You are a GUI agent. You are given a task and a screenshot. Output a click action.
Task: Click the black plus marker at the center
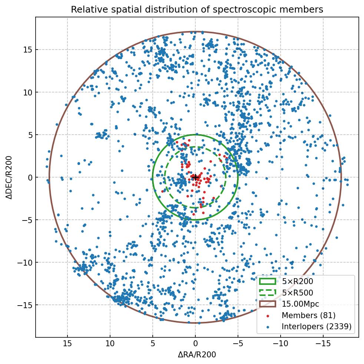[195, 177]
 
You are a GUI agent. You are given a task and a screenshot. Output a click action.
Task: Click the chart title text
[197, 10]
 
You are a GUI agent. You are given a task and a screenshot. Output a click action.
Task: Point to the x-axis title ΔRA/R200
[197, 355]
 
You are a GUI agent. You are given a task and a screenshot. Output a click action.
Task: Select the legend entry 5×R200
[297, 282]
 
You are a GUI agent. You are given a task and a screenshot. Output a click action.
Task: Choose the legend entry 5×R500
[297, 293]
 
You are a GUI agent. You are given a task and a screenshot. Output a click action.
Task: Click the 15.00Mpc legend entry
[300, 304]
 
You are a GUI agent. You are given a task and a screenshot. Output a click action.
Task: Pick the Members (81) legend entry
[308, 315]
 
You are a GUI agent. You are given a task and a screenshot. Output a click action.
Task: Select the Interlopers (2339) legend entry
[316, 326]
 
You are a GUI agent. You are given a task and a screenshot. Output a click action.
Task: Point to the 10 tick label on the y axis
[27, 92]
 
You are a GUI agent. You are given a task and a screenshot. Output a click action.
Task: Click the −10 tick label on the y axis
[25, 263]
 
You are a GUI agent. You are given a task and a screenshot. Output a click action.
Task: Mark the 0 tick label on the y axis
[29, 177]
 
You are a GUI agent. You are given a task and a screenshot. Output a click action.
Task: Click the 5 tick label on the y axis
[29, 135]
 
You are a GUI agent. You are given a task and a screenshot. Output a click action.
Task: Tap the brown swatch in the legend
[268, 304]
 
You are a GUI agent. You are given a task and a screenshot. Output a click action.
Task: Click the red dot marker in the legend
[268, 316]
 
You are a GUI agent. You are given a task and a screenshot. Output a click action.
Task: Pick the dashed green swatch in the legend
[268, 293]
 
